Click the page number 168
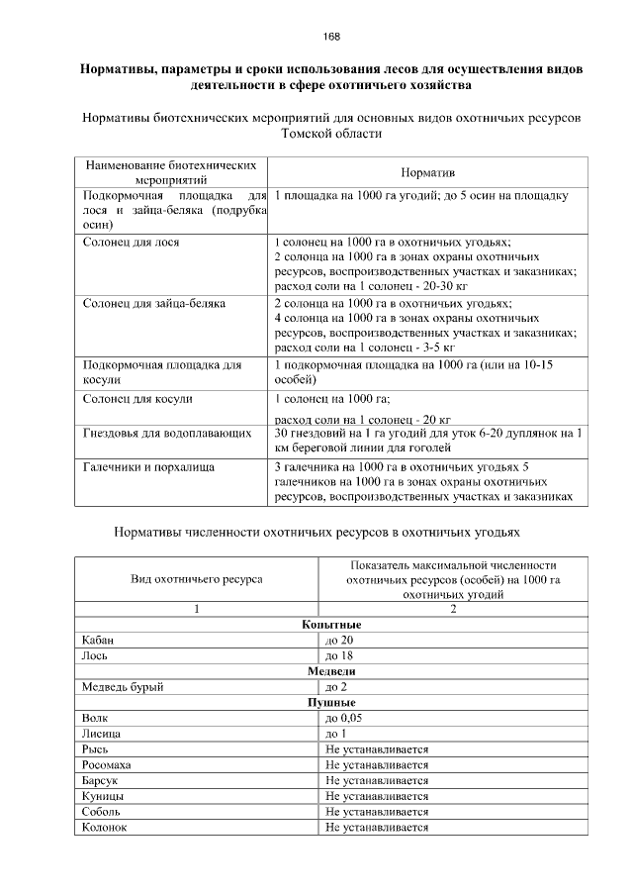coord(331,37)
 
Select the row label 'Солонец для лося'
coord(132,242)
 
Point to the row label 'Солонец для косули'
coord(137,399)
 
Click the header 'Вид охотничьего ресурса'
coord(197,578)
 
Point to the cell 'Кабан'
coord(99,641)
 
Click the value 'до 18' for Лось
coord(339,656)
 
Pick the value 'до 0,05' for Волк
coord(345,718)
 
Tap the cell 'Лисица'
coord(103,734)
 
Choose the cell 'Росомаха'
coord(108,765)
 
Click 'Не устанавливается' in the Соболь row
coord(377,812)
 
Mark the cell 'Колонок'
coord(106,828)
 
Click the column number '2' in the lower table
coord(453,609)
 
